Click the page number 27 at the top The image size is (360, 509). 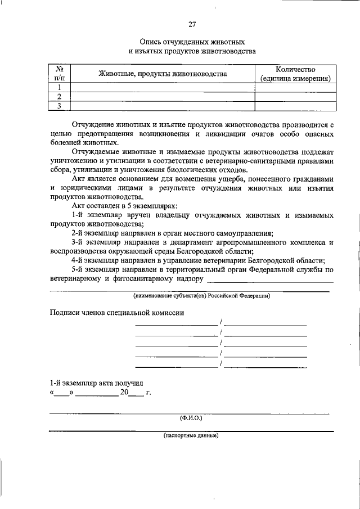point(192,24)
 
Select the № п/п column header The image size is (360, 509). point(58,73)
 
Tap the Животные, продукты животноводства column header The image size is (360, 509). point(163,74)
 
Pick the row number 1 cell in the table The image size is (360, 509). point(58,87)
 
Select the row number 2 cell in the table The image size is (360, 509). point(58,96)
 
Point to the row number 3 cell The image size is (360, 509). point(58,105)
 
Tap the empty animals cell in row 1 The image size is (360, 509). point(163,87)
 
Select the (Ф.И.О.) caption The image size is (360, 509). point(191,418)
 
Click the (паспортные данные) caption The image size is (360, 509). point(191,435)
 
